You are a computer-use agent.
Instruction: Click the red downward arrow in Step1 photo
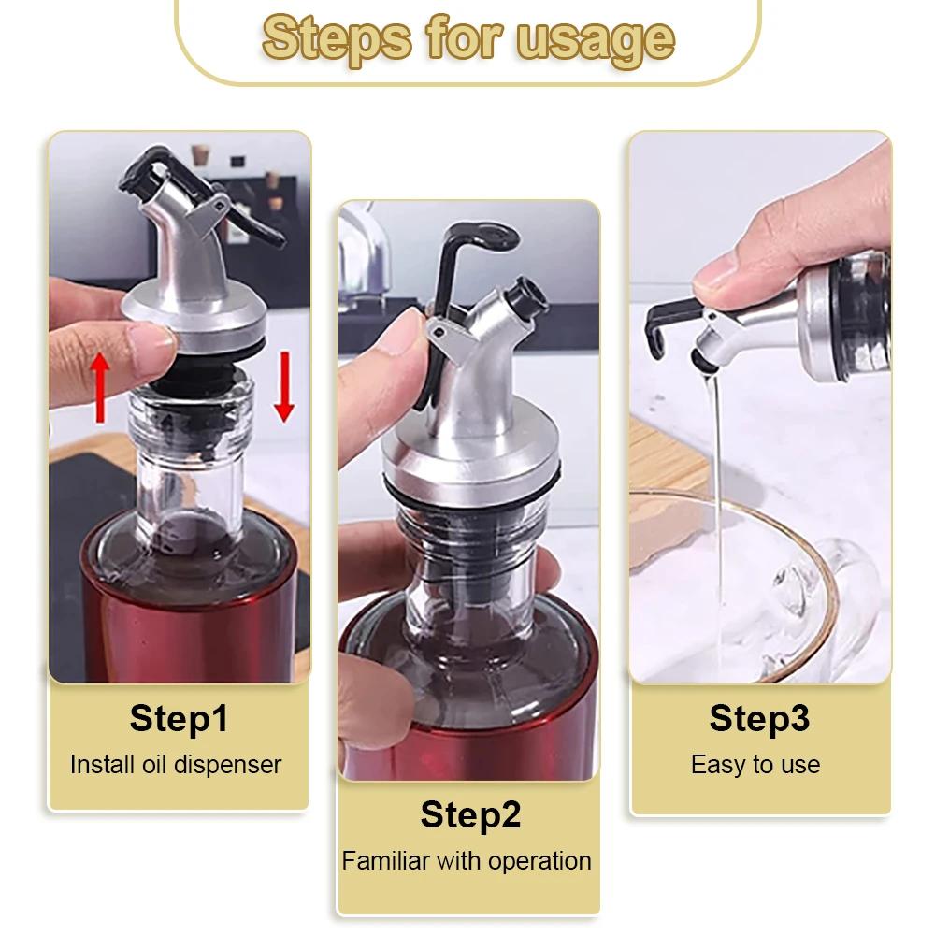tap(284, 394)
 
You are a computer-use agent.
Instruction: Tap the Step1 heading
tap(179, 719)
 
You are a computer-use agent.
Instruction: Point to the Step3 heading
tap(759, 718)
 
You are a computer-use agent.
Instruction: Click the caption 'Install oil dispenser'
tap(176, 764)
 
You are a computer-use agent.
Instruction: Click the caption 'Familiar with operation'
tap(467, 860)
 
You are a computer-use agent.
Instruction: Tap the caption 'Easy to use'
tap(755, 765)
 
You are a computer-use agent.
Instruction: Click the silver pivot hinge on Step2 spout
tap(440, 331)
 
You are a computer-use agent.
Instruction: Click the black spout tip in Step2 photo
tap(525, 297)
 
